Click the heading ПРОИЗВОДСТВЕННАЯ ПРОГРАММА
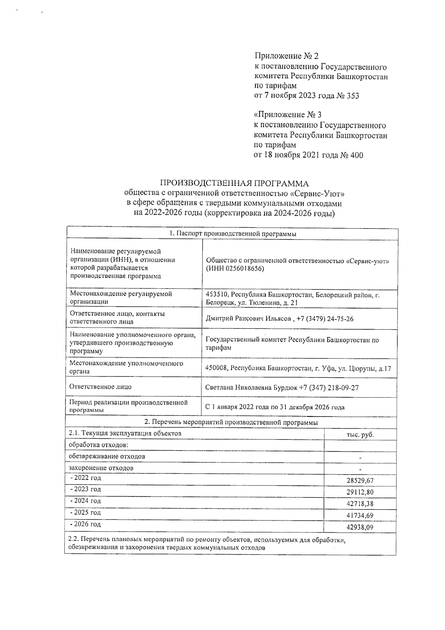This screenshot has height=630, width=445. [234, 184]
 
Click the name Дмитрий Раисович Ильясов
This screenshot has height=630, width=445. [248, 319]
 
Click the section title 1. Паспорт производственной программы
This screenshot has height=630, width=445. [233, 234]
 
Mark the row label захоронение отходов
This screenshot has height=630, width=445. [101, 468]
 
